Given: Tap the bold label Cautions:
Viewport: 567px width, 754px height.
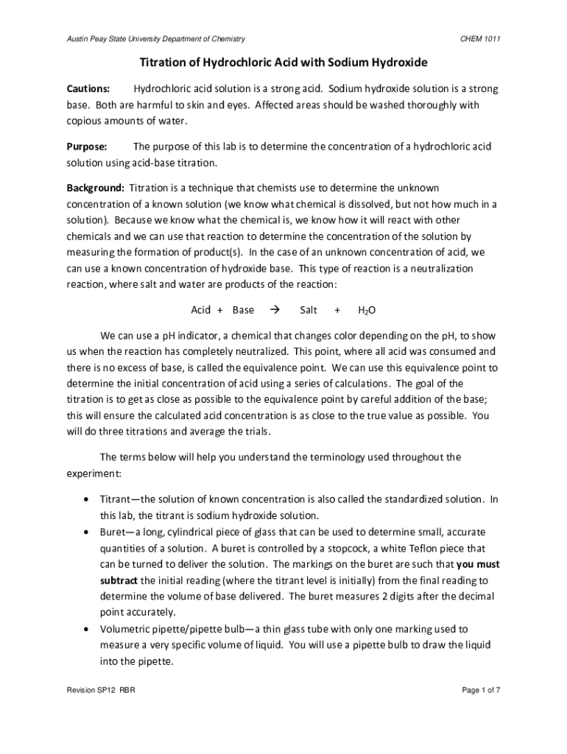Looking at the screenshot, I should coord(89,89).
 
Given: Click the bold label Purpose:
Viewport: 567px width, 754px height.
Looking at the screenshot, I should coord(88,146).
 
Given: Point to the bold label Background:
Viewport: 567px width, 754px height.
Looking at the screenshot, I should coord(96,188).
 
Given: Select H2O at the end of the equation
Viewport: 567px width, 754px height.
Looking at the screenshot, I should coord(367,310).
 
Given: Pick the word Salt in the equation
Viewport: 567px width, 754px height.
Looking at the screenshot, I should coord(309,310).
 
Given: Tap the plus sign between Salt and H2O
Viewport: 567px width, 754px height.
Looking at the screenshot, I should coord(337,310).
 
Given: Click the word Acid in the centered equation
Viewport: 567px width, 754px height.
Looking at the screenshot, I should coord(201,310).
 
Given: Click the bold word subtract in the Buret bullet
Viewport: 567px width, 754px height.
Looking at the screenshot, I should coord(119,580).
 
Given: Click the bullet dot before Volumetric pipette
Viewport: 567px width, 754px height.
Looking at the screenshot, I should coord(88,630).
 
